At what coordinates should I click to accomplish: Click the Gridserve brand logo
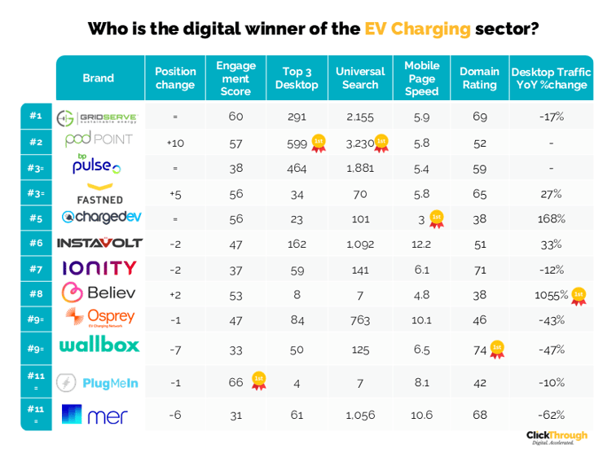97,117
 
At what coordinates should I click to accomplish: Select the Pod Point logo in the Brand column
98,141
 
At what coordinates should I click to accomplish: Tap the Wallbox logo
99,345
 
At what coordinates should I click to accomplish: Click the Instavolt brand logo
99,243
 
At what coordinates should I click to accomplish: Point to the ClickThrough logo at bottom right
556,437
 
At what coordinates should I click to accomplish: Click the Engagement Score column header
235,78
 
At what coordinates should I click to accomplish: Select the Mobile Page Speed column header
421,78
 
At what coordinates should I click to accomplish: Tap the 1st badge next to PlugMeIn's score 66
258,381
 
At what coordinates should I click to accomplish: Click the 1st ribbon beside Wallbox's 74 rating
496,350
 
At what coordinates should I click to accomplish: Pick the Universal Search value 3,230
359,143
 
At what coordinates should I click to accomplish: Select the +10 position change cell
175,143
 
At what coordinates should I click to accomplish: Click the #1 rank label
36,116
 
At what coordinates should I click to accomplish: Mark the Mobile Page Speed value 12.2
421,243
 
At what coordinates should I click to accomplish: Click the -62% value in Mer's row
552,415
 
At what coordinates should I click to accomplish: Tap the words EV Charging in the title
418,29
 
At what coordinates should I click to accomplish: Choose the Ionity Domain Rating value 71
479,268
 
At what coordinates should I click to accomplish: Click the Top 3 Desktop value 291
297,117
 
